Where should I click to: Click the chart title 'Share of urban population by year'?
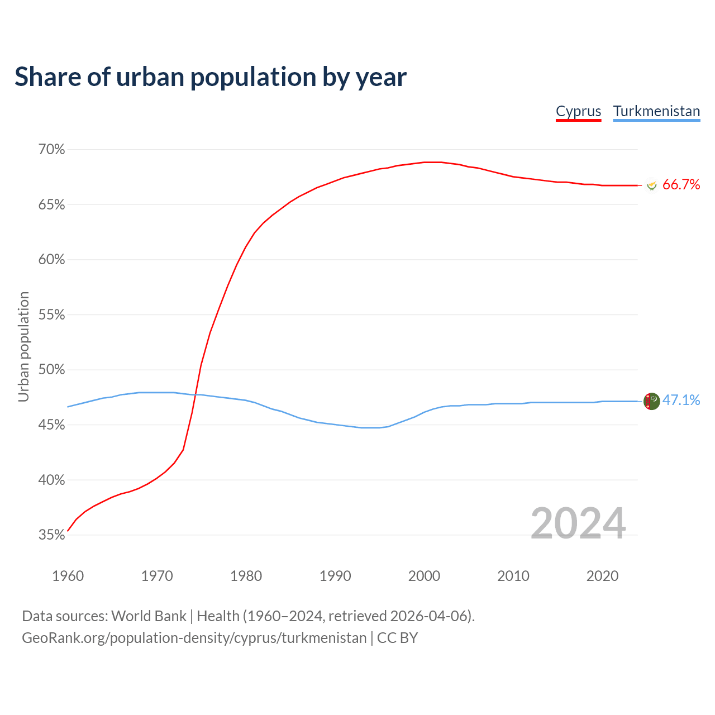tap(211, 77)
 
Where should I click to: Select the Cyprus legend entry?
tap(578, 111)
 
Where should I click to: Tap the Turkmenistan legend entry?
tap(656, 111)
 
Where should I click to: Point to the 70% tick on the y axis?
tap(51, 150)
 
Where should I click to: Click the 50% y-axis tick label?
tap(51, 370)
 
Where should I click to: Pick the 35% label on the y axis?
tap(51, 535)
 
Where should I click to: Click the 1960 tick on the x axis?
tap(68, 576)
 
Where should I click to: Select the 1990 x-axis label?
tap(335, 576)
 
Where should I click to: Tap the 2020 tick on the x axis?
tap(602, 576)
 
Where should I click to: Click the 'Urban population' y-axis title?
tap(23, 346)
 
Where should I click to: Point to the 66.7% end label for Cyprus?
tap(681, 185)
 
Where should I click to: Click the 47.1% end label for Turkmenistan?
tap(681, 401)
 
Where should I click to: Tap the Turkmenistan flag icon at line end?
tap(651, 401)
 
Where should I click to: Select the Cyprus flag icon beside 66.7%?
tap(651, 185)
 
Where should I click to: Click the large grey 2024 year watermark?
tap(578, 523)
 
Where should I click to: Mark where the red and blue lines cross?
tap(195, 395)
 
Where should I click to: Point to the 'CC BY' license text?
tap(397, 637)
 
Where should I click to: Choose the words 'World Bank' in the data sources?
tap(149, 616)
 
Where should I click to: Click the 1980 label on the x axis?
tap(246, 576)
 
